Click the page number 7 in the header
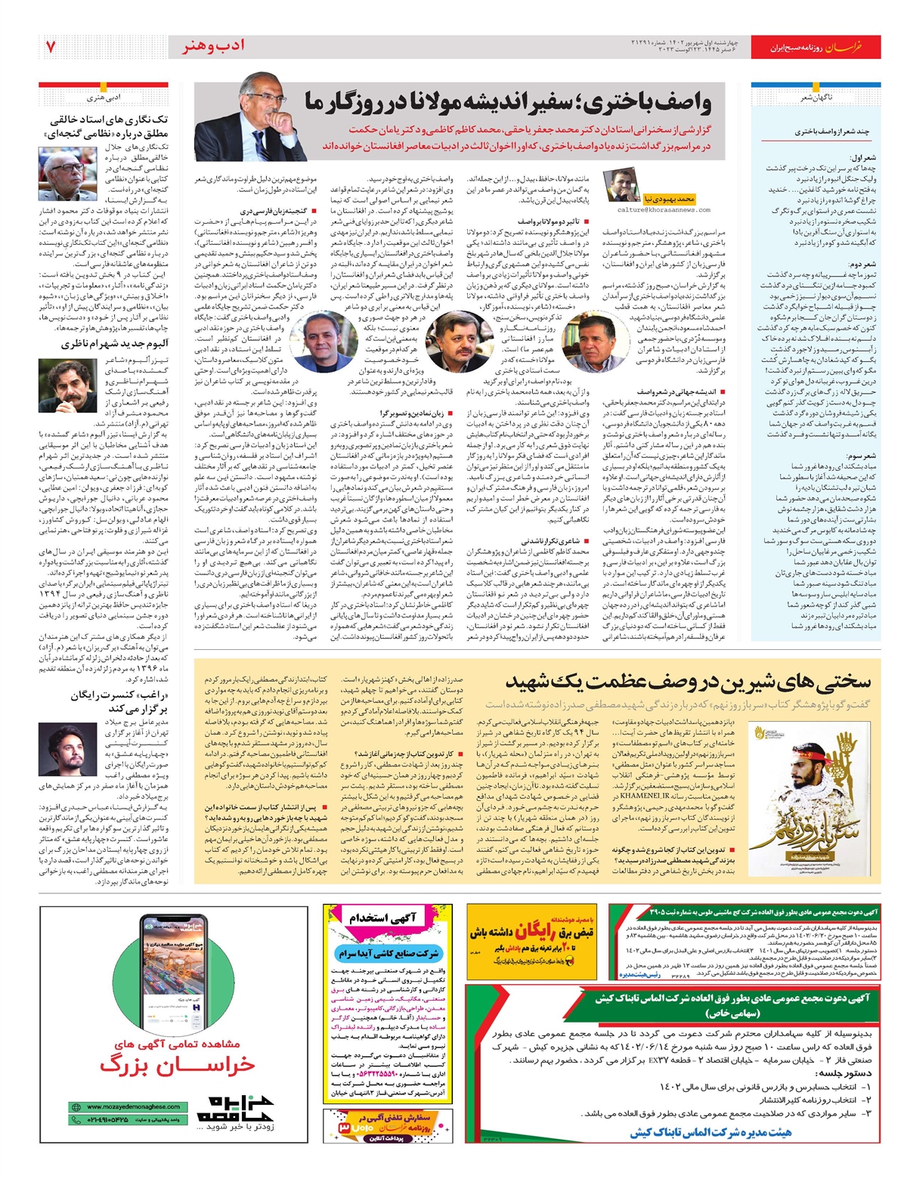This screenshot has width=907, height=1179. tap(51, 47)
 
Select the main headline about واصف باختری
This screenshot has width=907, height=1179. tap(508, 102)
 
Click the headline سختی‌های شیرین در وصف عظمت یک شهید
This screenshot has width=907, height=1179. tap(688, 682)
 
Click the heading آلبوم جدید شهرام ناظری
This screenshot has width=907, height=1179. tap(115, 344)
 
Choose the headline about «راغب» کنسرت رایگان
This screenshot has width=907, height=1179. tap(119, 701)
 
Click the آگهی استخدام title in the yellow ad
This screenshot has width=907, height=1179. tap(383, 918)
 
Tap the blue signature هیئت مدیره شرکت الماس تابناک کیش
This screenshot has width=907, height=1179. tap(710, 1131)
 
